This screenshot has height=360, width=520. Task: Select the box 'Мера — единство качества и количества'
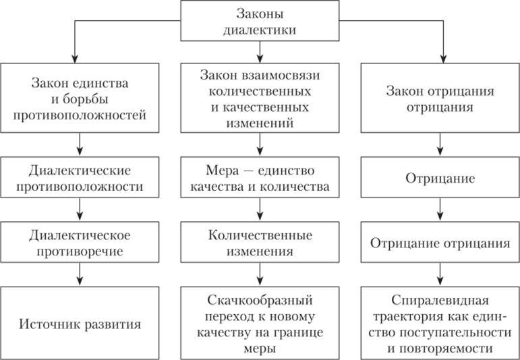click(x=259, y=176)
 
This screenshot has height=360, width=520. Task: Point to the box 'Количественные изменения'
click(x=259, y=244)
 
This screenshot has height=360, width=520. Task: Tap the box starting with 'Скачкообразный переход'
click(x=259, y=323)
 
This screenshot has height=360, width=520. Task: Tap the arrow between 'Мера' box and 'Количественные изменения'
click(x=259, y=210)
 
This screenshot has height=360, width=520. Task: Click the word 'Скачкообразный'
click(x=259, y=299)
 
